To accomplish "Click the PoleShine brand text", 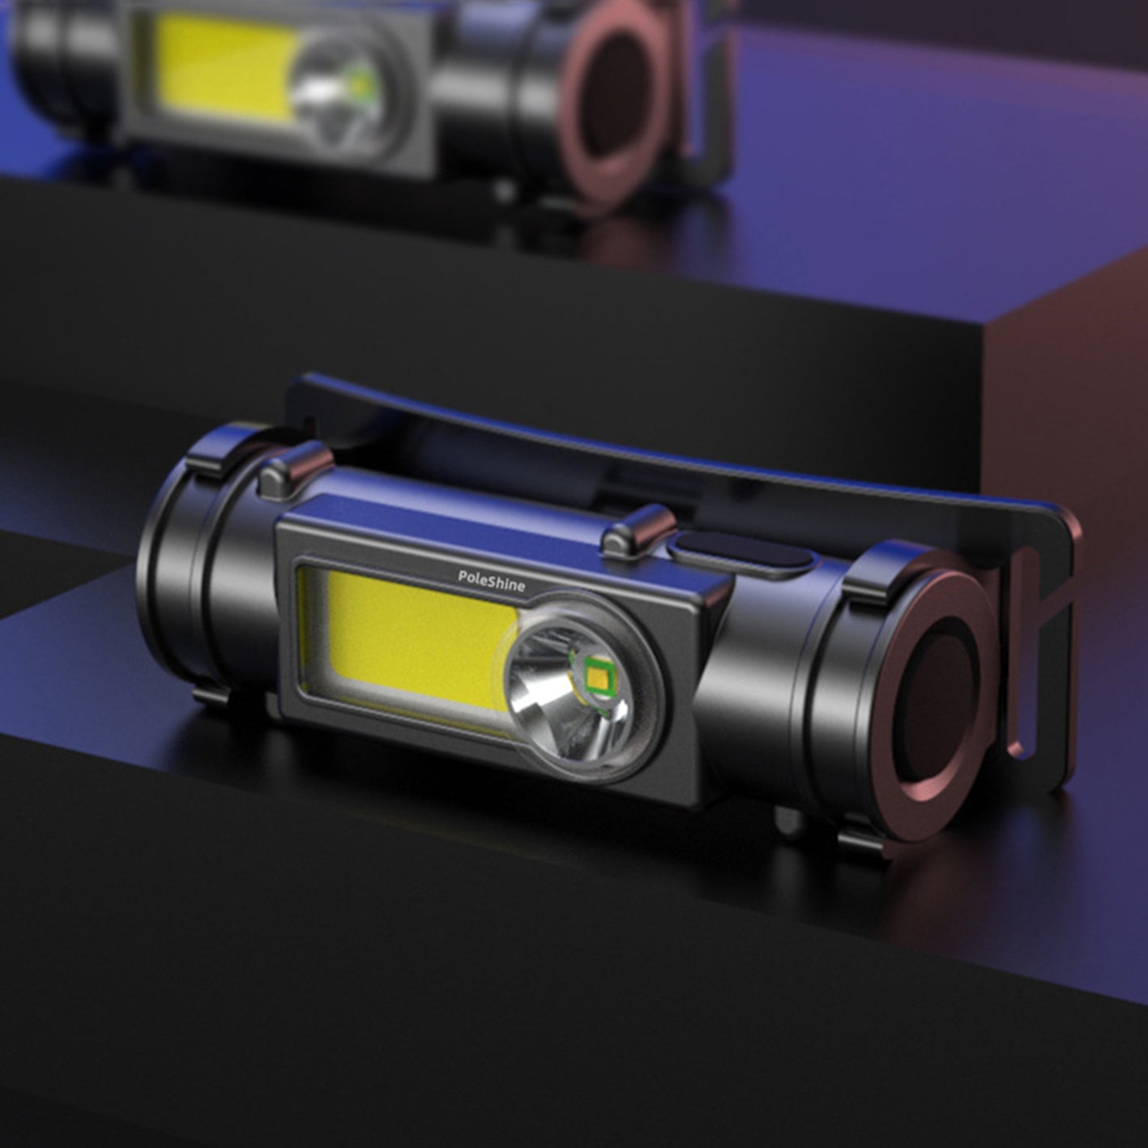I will [491, 580].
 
